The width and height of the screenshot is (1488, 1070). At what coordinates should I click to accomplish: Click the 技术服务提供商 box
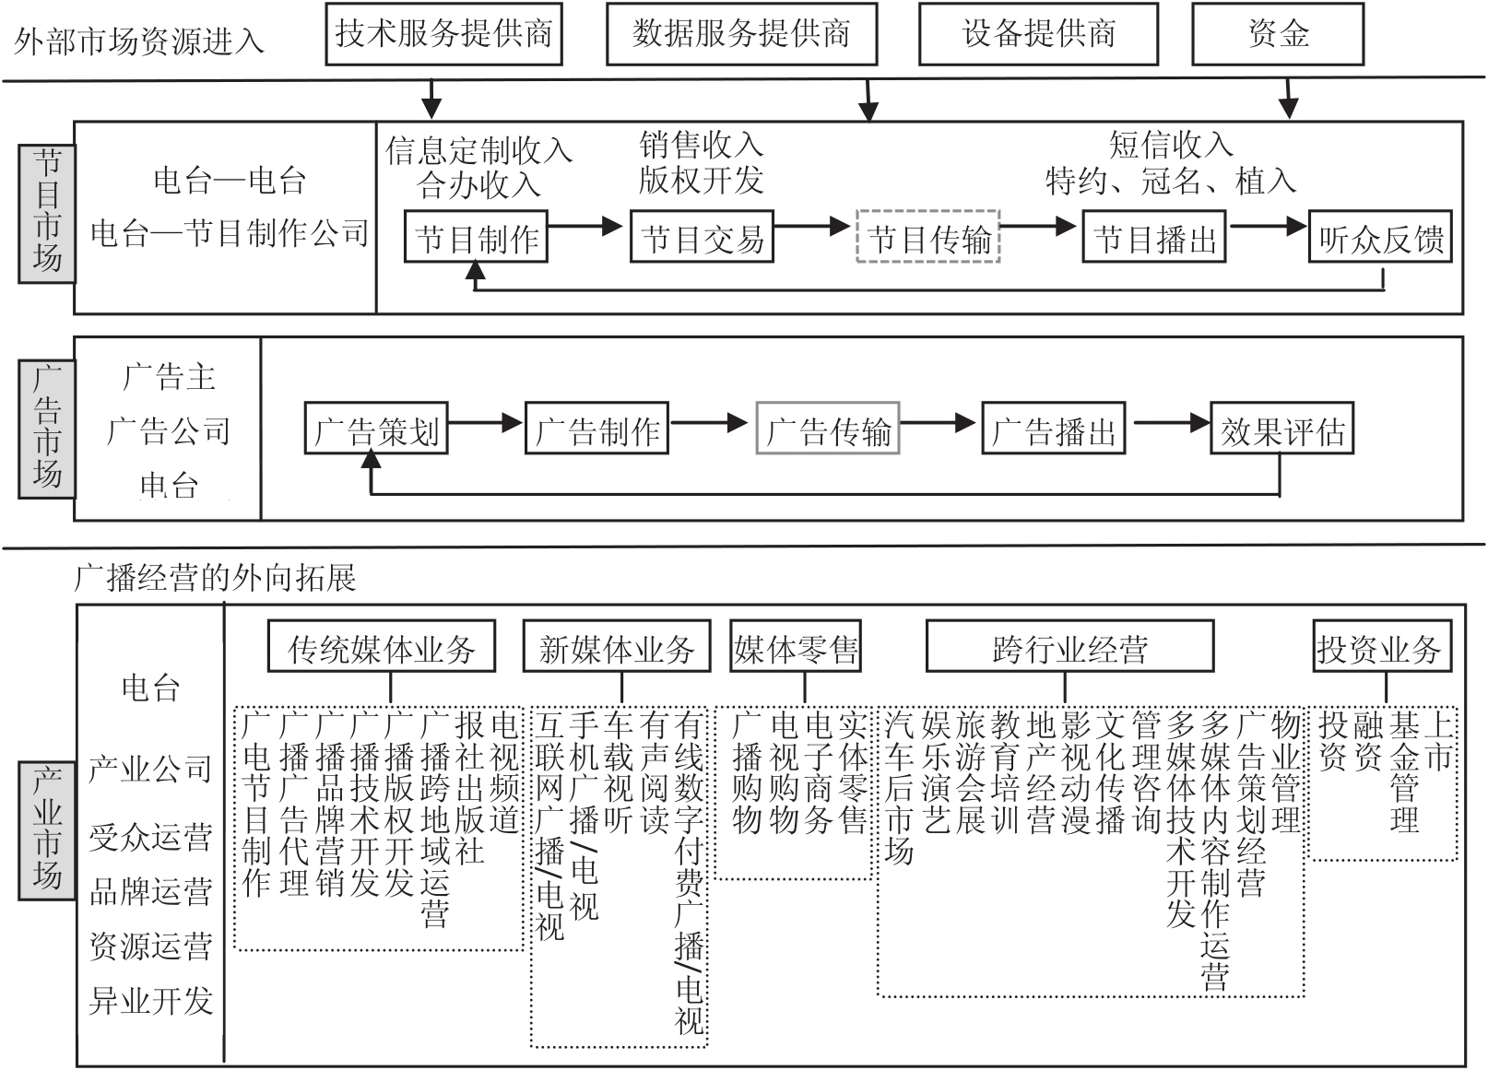[x=443, y=34]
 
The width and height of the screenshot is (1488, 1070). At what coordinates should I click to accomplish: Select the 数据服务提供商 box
[x=741, y=34]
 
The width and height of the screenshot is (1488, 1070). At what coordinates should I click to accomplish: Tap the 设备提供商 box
[x=1039, y=34]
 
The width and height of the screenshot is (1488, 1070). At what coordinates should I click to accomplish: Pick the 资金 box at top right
[x=1278, y=34]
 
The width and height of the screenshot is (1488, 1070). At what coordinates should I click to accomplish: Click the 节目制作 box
[x=477, y=239]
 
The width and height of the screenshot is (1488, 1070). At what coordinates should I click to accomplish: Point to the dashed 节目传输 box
[x=928, y=239]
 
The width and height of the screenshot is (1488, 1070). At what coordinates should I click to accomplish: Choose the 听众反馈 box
[x=1380, y=239]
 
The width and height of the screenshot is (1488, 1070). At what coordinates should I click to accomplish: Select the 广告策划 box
[x=376, y=429]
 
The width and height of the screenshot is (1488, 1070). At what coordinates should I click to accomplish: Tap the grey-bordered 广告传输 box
[x=828, y=429]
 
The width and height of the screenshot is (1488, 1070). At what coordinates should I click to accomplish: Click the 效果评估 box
[x=1281, y=429]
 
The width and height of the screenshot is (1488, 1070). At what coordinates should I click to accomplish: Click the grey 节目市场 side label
[x=47, y=213]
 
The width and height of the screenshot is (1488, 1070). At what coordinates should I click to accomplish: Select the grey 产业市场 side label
[x=47, y=829]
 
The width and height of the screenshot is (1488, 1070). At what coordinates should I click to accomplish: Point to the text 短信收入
[x=1171, y=145]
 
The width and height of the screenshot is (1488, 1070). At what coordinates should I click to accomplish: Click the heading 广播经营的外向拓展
[x=215, y=578]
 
